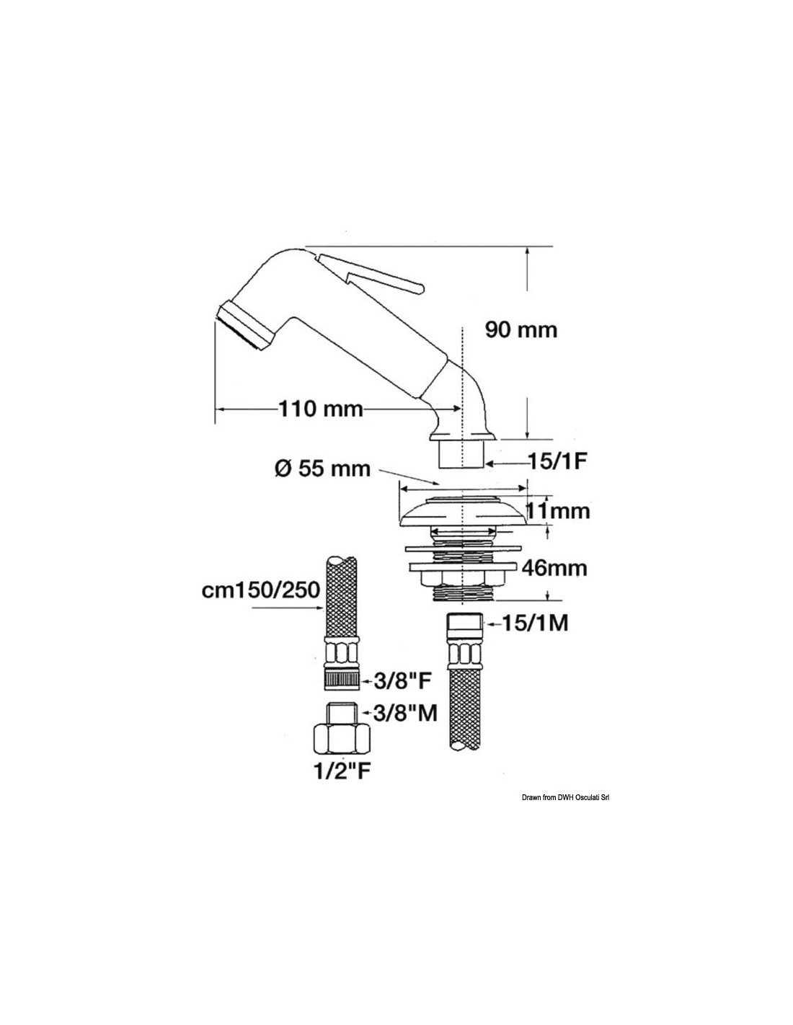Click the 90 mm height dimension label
521,330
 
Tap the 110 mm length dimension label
322,409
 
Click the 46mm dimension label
554,569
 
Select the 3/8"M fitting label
404,727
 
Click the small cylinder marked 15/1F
461,454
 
